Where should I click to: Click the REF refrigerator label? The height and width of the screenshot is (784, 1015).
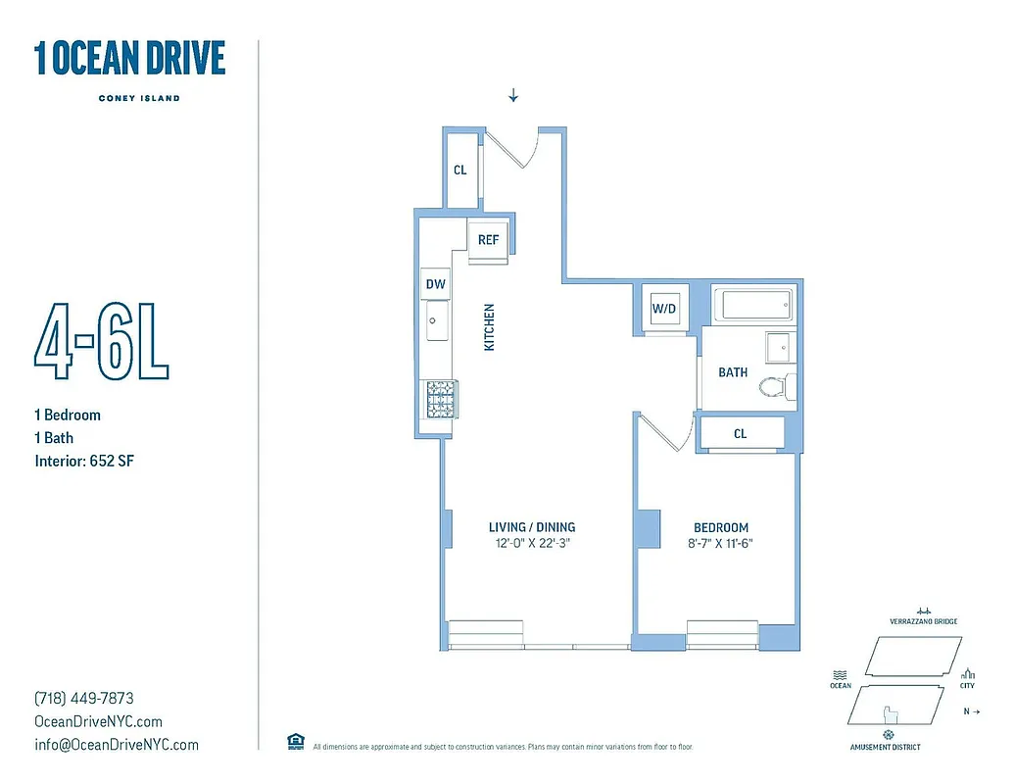[488, 239]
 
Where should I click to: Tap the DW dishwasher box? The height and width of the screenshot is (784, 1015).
[435, 284]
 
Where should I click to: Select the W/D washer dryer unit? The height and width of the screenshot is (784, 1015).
[664, 309]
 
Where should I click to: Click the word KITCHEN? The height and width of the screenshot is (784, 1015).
[489, 327]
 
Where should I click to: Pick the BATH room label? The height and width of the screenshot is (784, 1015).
[733, 372]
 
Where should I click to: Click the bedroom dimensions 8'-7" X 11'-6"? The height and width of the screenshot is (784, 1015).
[720, 543]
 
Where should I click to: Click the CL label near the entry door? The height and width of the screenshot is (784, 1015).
[459, 170]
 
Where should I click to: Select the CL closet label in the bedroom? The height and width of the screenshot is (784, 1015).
[740, 433]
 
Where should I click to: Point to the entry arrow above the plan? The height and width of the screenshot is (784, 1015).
[512, 95]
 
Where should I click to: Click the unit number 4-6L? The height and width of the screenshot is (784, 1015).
[102, 345]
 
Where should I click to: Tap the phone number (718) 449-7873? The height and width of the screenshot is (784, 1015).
[83, 699]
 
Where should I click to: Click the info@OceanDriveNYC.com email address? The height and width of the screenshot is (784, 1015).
[116, 745]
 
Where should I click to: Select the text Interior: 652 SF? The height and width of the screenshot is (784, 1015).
[83, 461]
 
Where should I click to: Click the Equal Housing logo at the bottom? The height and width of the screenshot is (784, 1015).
[295, 742]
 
